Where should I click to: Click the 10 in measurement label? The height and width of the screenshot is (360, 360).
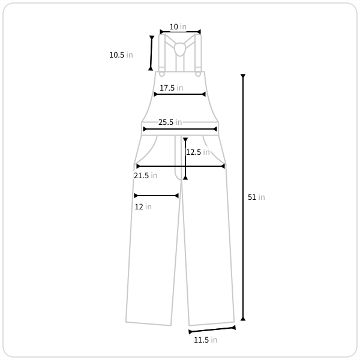[178, 26]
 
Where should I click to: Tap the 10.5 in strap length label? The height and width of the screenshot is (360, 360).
[121, 55]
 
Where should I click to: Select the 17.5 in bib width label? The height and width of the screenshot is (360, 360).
[171, 88]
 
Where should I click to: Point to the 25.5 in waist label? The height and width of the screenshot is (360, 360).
[170, 122]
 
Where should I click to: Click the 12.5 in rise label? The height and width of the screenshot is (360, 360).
[197, 152]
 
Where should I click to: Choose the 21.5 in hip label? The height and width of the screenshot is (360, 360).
[146, 175]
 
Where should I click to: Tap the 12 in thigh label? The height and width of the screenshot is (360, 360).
[143, 206]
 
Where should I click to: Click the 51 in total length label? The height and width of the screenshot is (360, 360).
[256, 197]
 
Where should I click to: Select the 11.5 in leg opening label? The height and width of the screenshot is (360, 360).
[205, 340]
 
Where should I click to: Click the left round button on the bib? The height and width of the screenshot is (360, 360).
[161, 74]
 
